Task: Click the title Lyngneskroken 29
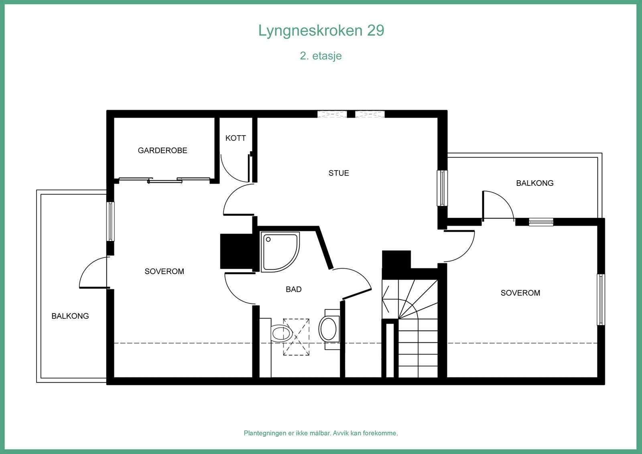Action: point(321,31)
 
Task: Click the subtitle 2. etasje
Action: point(321,55)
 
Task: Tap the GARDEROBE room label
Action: point(163,151)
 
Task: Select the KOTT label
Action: point(236,138)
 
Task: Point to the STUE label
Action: point(339,173)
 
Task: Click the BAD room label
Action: point(293,289)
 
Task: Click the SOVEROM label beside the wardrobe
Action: point(164,271)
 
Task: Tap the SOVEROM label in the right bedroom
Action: point(520,293)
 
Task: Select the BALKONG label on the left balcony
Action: point(70,316)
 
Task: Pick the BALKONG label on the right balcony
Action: point(534,183)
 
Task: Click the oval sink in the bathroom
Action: point(329,329)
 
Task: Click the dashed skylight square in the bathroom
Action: point(296,337)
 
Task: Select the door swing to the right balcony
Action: point(497,206)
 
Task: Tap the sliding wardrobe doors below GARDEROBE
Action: point(165,180)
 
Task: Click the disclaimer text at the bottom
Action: point(321,433)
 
